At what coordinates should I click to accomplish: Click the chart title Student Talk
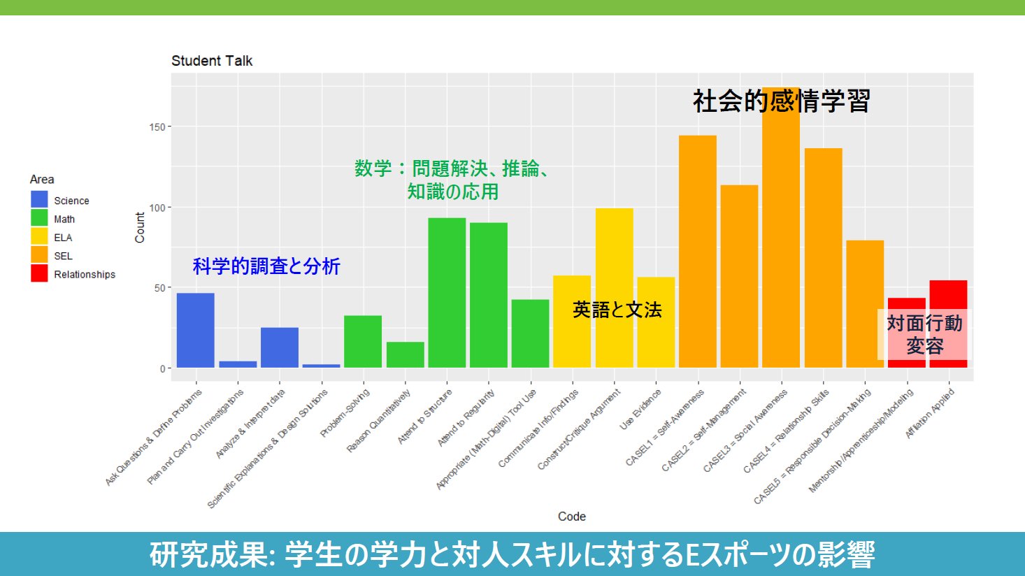(x=212, y=61)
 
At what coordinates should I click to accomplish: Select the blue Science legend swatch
(x=39, y=200)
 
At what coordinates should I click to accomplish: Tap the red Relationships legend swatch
(x=39, y=273)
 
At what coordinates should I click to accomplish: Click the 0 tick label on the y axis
(x=162, y=368)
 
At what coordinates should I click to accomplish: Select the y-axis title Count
(x=140, y=228)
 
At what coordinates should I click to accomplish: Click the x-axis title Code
(x=571, y=517)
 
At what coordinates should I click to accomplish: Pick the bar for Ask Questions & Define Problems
(x=196, y=330)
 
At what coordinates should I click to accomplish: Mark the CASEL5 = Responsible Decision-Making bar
(x=865, y=303)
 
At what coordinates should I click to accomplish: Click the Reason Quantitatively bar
(x=405, y=354)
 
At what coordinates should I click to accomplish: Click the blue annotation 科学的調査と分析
(x=266, y=266)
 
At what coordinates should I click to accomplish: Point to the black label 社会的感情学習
(x=781, y=101)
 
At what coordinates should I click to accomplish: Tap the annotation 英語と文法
(x=617, y=310)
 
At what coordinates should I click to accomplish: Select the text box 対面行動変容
(x=924, y=334)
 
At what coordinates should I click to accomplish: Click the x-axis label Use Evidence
(x=640, y=409)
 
